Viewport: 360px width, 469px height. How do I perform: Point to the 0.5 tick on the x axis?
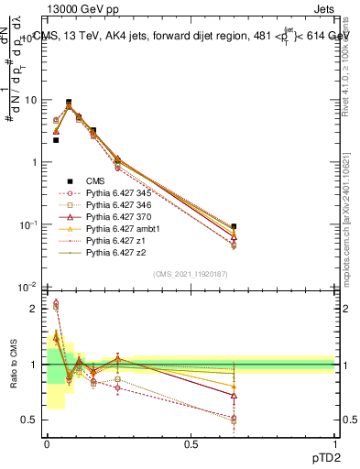[191, 443]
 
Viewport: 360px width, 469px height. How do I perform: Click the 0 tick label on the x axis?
[47, 443]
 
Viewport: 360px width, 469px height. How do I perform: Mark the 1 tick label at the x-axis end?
[334, 443]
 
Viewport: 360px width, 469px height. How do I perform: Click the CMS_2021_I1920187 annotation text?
[191, 273]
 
